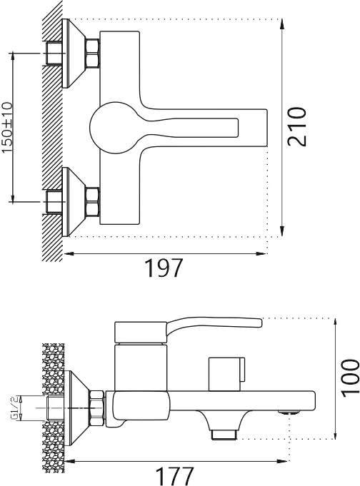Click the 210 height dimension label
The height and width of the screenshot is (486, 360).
[296, 126]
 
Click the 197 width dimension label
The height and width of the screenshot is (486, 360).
[164, 268]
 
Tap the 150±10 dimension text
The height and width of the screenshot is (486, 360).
[7, 128]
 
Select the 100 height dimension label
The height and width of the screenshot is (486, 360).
[351, 378]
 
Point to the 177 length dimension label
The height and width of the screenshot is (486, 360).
[175, 477]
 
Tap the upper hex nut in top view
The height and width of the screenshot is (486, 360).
[92, 53]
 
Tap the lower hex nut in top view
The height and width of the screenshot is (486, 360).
[92, 202]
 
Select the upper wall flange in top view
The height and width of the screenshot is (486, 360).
[74, 54]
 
